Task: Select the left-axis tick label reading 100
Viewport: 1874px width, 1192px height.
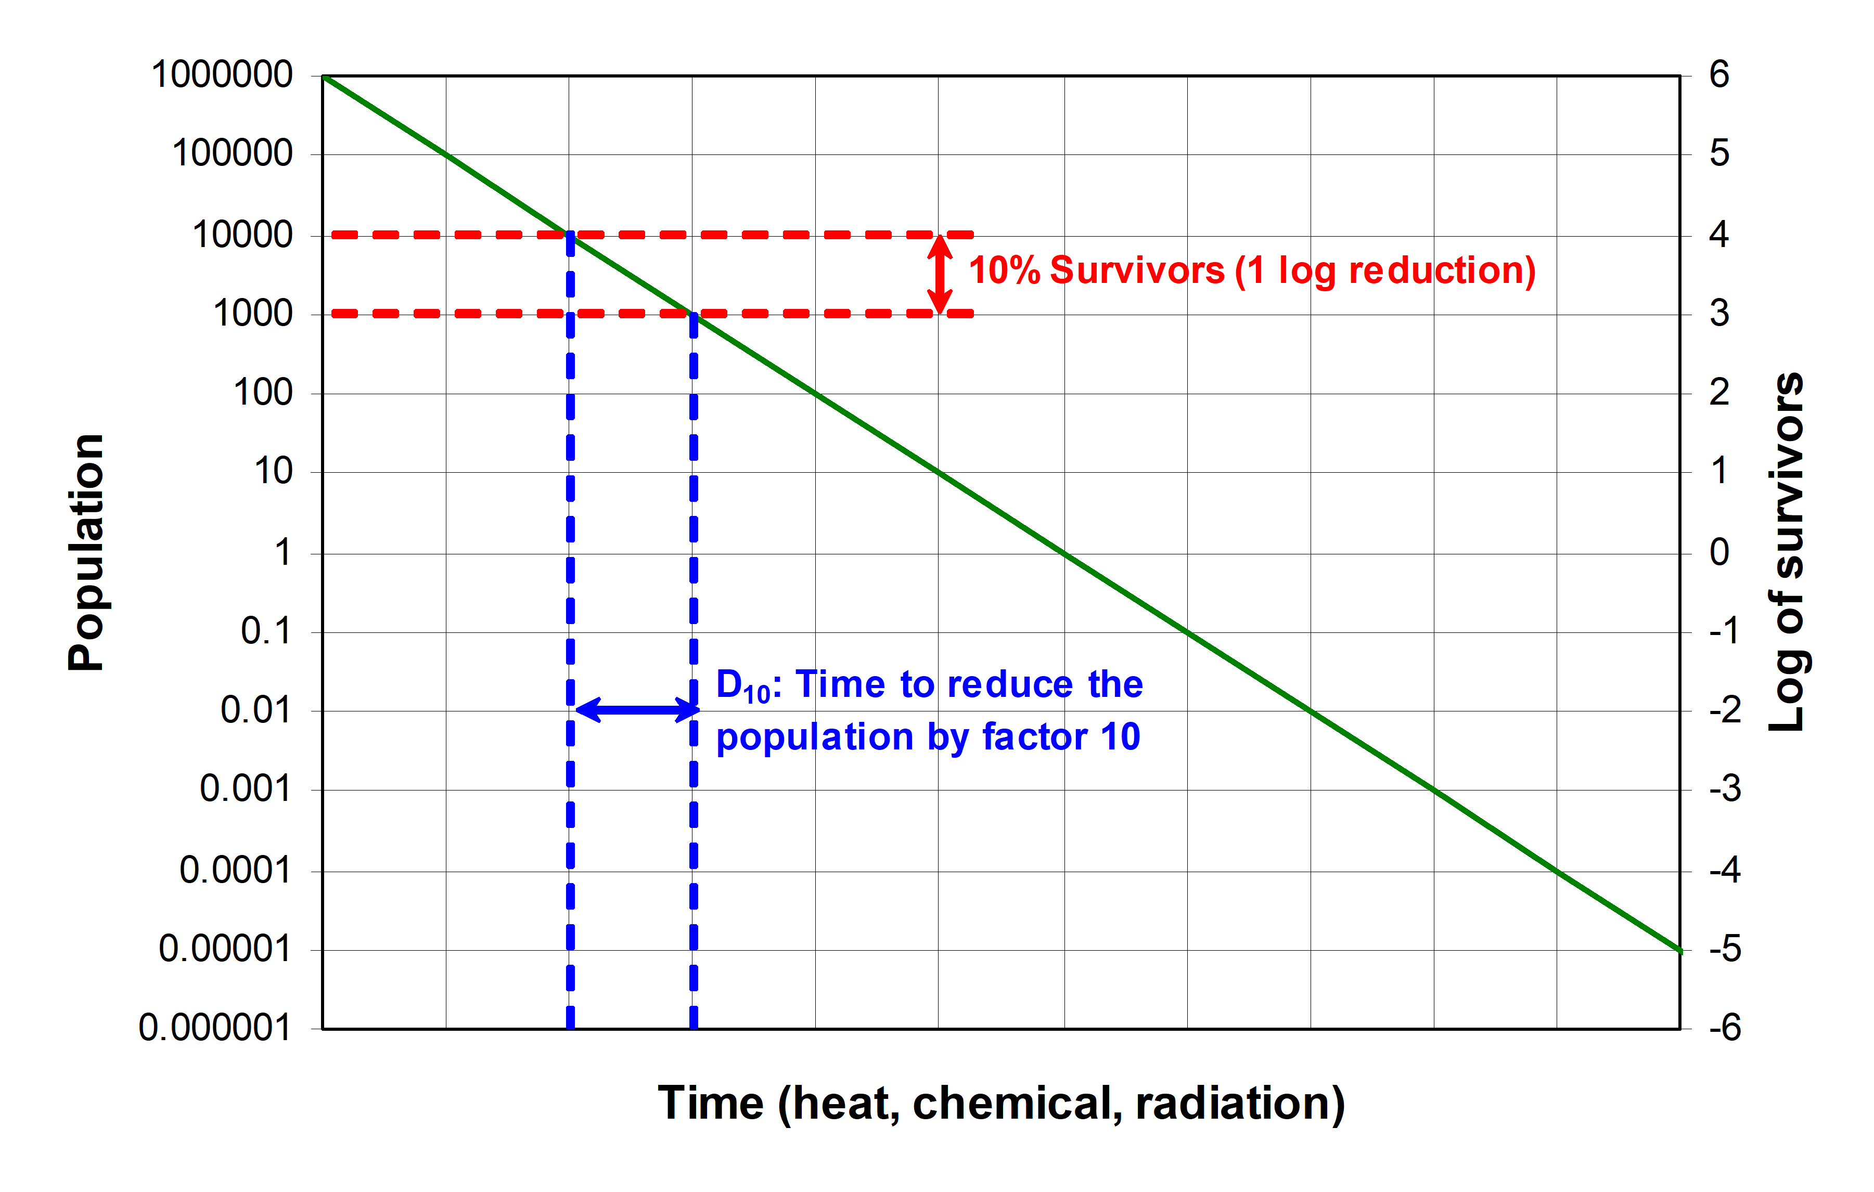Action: point(263,393)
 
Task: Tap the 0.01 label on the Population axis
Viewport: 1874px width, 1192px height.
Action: point(255,710)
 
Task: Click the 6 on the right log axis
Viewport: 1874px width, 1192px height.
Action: point(1718,75)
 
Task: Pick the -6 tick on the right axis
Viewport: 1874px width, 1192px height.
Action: point(1725,1029)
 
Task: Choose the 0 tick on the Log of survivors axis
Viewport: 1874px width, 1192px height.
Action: point(1718,552)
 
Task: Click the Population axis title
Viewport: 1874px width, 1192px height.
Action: point(86,552)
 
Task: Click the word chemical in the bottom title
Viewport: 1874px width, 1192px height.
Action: point(1017,1103)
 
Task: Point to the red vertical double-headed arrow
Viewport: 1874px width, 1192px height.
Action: point(940,274)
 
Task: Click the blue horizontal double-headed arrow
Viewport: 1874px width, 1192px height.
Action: point(637,709)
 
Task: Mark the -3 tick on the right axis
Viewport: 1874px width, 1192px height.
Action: point(1725,790)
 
